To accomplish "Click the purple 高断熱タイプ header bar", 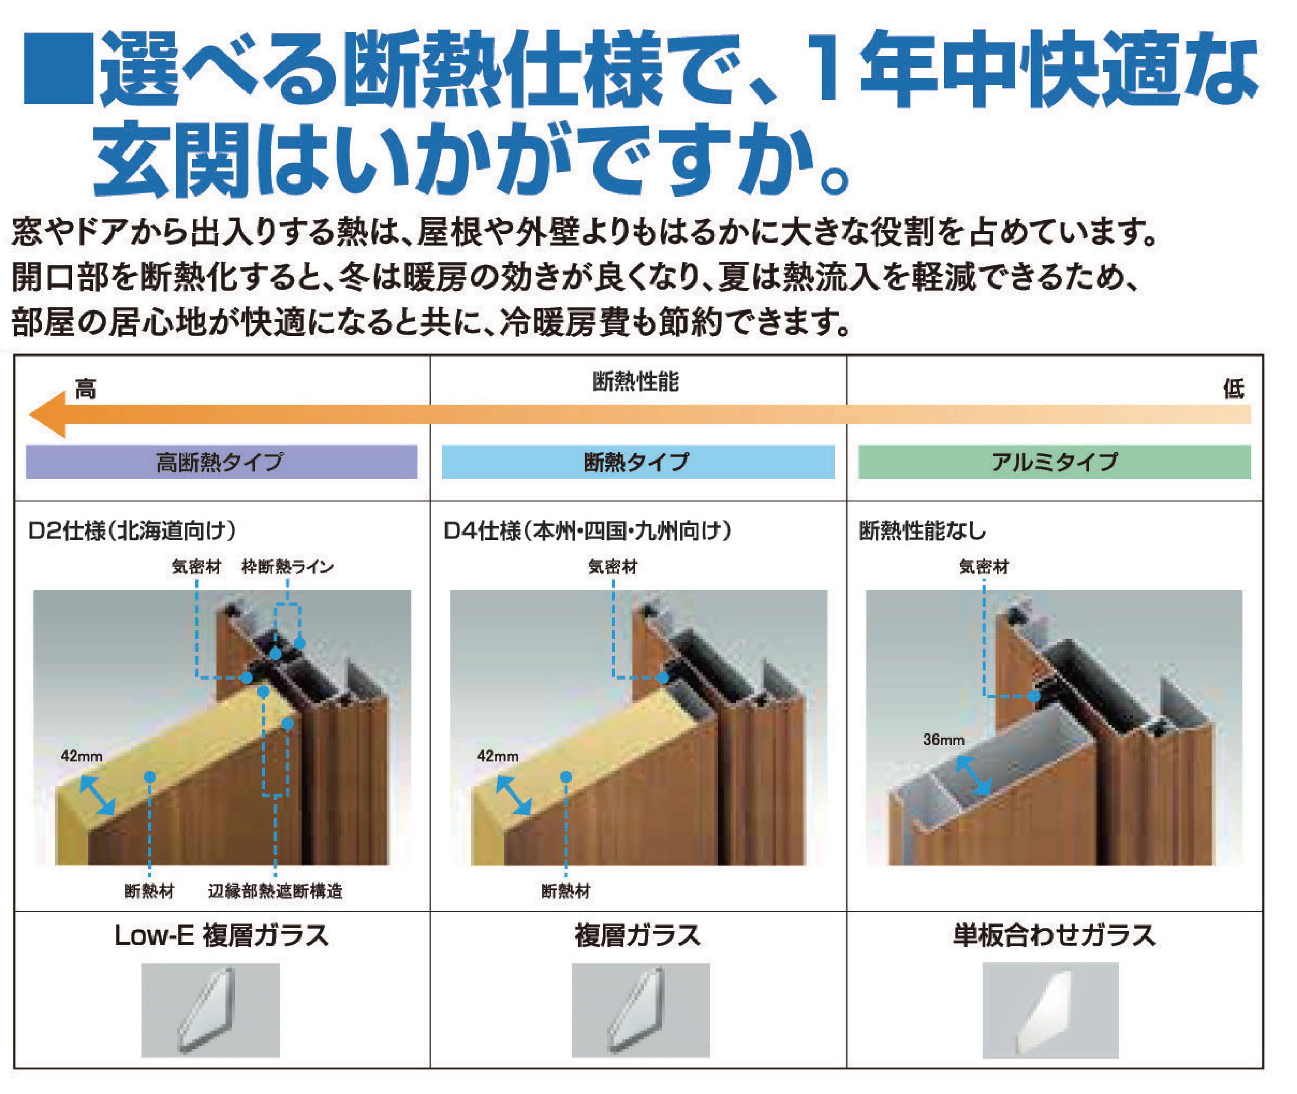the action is (x=221, y=461).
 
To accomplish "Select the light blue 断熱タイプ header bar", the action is (x=638, y=461).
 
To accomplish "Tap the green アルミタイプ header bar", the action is (x=1054, y=461).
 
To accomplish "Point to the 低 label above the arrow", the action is (x=1233, y=389).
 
